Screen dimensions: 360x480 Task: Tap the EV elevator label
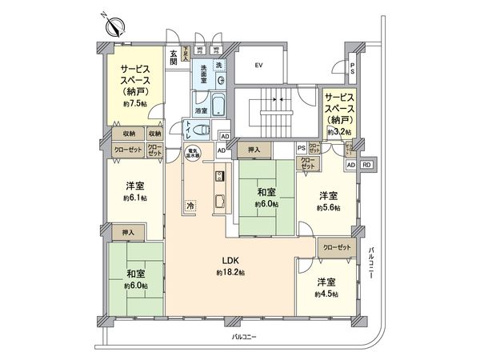[x=258, y=65]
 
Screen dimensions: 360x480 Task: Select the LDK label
[x=231, y=260]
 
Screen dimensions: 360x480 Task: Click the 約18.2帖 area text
[x=230, y=273]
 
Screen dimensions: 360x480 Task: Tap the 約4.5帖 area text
[x=325, y=294]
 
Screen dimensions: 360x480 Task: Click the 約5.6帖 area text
[x=327, y=207]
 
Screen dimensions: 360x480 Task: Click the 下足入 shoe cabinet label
[x=184, y=54]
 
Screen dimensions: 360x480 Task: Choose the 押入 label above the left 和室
[x=128, y=233]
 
